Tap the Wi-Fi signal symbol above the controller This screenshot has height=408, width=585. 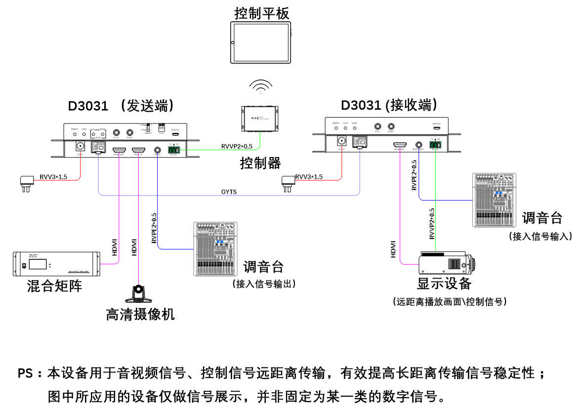pyautogui.click(x=260, y=87)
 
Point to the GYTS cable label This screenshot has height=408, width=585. pyautogui.click(x=229, y=191)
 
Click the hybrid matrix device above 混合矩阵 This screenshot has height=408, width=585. pyautogui.click(x=55, y=264)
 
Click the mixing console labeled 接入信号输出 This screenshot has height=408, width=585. pyautogui.click(x=216, y=249)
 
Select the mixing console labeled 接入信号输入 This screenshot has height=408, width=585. pyautogui.click(x=494, y=200)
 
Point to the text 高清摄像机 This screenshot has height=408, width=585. pyautogui.click(x=140, y=314)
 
